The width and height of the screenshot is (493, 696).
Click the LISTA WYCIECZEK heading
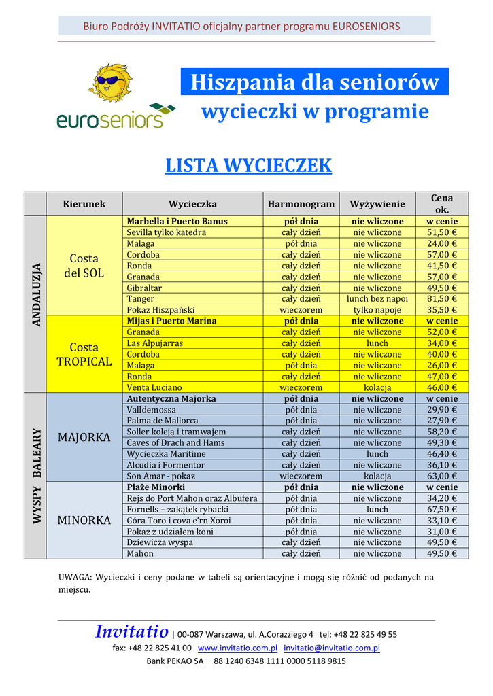248,165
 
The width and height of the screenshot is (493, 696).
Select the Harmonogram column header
301,204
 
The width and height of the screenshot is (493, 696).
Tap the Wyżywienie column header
377,204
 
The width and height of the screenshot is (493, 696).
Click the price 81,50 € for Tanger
442,299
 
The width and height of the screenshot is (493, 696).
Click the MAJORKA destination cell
84,437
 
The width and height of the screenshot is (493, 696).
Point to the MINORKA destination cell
84,521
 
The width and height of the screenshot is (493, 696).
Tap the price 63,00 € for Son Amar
442,476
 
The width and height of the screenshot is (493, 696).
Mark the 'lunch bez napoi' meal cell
377,299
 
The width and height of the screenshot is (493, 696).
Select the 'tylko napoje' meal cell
377,310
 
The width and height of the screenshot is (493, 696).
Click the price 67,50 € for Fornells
442,510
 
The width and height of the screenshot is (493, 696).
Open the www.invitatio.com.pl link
237,648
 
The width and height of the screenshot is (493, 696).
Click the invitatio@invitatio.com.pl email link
332,648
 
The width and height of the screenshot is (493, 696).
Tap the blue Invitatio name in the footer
131,632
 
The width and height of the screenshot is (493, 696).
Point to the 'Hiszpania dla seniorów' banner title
314,82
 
